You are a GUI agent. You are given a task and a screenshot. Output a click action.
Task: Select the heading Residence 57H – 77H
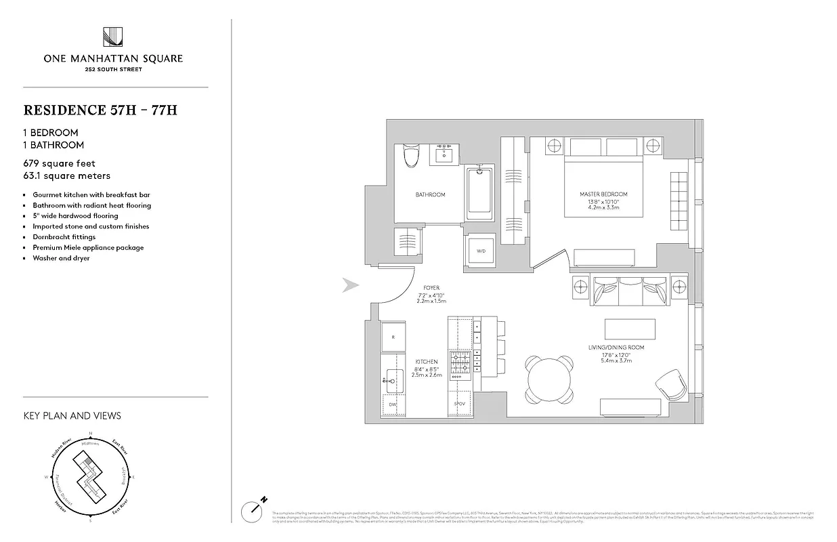pos(100,110)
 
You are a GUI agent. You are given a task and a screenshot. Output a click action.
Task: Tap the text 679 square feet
pos(60,163)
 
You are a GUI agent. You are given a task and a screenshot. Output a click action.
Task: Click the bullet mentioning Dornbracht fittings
pos(64,237)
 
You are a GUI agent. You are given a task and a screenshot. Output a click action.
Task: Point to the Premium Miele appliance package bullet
pos(88,247)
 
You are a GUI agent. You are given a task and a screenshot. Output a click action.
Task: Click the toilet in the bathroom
pos(410,157)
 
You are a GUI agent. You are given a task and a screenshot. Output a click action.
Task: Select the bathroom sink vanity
pos(446,154)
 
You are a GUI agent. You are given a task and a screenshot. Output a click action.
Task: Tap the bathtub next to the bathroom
pos(480,193)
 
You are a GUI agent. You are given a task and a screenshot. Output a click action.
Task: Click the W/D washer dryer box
pos(481,251)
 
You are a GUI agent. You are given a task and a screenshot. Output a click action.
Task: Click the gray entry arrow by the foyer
pos(350,286)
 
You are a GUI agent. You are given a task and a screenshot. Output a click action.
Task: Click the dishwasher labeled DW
pos(392,405)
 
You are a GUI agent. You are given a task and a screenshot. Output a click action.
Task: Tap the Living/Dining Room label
pos(616,348)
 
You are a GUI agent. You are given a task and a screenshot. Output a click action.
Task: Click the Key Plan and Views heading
pos(72,415)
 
